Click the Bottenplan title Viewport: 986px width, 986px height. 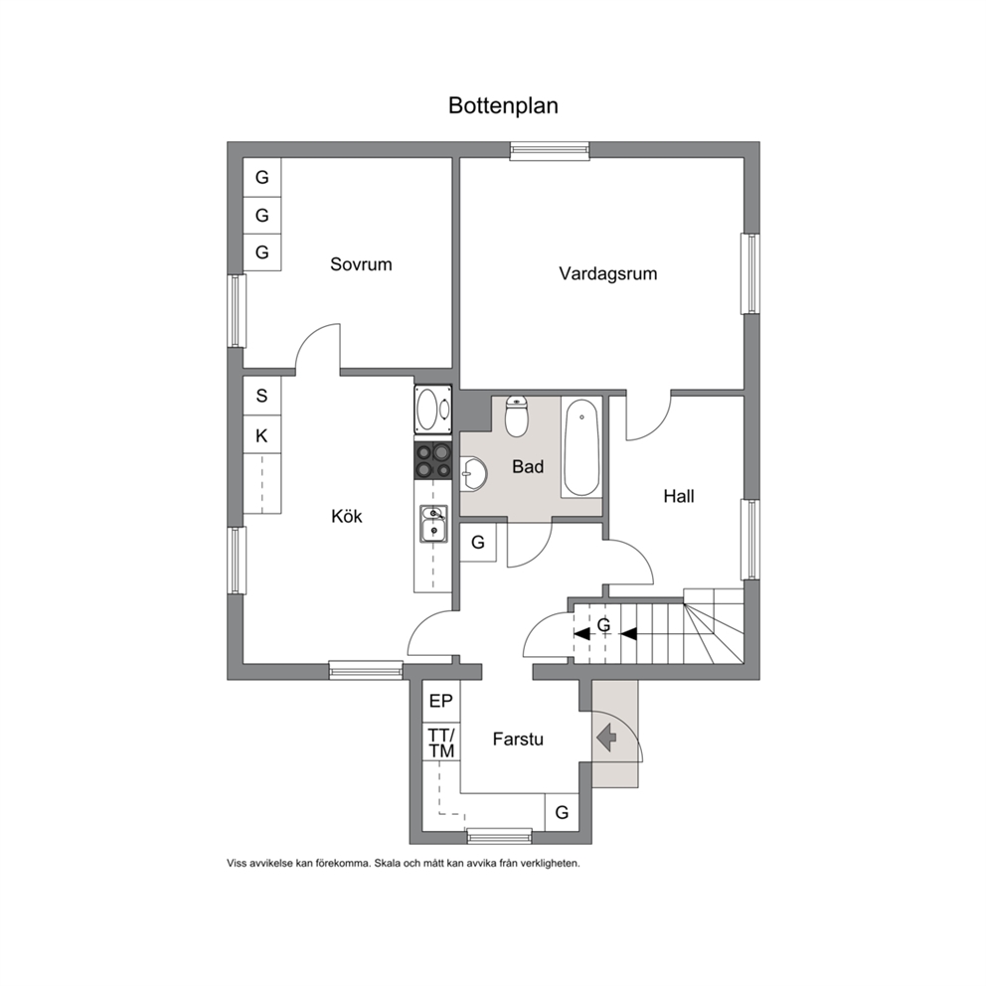pos(503,105)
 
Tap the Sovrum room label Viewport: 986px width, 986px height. pos(361,264)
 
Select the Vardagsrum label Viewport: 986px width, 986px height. pos(608,273)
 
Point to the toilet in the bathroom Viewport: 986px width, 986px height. pos(517,415)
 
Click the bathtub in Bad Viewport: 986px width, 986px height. pos(581,447)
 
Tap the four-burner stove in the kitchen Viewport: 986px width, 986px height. pos(432,459)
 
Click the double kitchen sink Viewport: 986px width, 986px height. pos(434,524)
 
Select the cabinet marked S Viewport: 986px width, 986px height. pos(261,396)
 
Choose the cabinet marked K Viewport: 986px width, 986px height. pos(261,435)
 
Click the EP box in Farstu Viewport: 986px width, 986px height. pos(440,701)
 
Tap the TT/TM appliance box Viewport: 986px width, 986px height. pos(440,742)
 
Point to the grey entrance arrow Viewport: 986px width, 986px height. pos(606,738)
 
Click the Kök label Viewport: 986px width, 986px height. pos(347,516)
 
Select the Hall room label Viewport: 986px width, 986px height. pos(679,496)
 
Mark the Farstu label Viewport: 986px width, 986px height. pos(518,739)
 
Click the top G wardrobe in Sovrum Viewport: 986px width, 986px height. pos(261,177)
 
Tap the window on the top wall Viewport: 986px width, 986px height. pos(550,150)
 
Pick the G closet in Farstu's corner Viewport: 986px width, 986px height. pos(562,812)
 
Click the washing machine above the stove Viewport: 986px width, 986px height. pos(432,409)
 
